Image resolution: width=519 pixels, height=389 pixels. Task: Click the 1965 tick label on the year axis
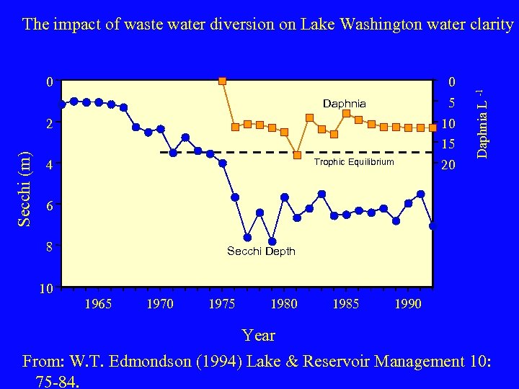coord(98,304)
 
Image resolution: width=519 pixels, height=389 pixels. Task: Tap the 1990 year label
coord(408,304)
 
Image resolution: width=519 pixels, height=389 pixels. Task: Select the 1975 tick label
coord(222,304)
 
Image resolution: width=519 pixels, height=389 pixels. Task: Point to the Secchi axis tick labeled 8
coord(49,247)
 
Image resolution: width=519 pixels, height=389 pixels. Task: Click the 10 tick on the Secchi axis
coord(45,289)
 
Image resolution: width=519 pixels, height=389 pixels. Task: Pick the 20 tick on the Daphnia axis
coord(448,166)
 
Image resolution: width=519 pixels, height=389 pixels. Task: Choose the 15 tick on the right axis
coord(448,144)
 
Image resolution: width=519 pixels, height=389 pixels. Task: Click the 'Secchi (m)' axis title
coord(25,188)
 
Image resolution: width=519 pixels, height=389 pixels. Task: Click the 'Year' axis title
coord(259,335)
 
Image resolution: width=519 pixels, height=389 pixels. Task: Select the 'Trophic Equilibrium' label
coord(354,162)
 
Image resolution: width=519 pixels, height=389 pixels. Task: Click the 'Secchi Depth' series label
coord(261,251)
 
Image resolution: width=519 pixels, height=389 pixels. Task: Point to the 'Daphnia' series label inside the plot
coord(345,104)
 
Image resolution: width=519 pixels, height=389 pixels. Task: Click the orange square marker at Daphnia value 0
coord(223,81)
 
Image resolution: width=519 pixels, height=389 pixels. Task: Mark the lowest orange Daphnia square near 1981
coord(297,155)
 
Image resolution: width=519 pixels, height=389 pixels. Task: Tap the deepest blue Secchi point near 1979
coord(272,241)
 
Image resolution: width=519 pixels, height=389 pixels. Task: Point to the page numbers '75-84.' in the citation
coord(61,380)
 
